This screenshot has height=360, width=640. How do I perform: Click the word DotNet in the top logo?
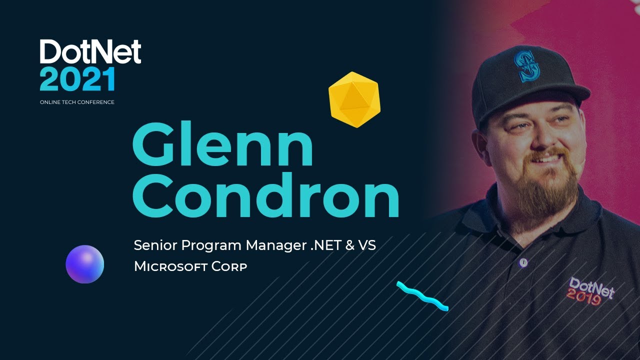(90, 52)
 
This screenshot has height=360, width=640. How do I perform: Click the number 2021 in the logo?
(78, 79)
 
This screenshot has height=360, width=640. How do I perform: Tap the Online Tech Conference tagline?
(77, 102)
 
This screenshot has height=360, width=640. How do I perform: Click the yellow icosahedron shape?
(354, 99)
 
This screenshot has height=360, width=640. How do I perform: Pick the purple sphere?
(85, 264)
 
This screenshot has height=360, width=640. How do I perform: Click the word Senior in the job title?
(155, 245)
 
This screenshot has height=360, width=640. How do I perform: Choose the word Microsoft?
(170, 266)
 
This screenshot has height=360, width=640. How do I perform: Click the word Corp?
(229, 267)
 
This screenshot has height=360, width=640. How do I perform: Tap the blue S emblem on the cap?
(527, 67)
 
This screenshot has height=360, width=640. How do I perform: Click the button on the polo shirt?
(523, 262)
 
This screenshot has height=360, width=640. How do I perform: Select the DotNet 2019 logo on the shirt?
(590, 290)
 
